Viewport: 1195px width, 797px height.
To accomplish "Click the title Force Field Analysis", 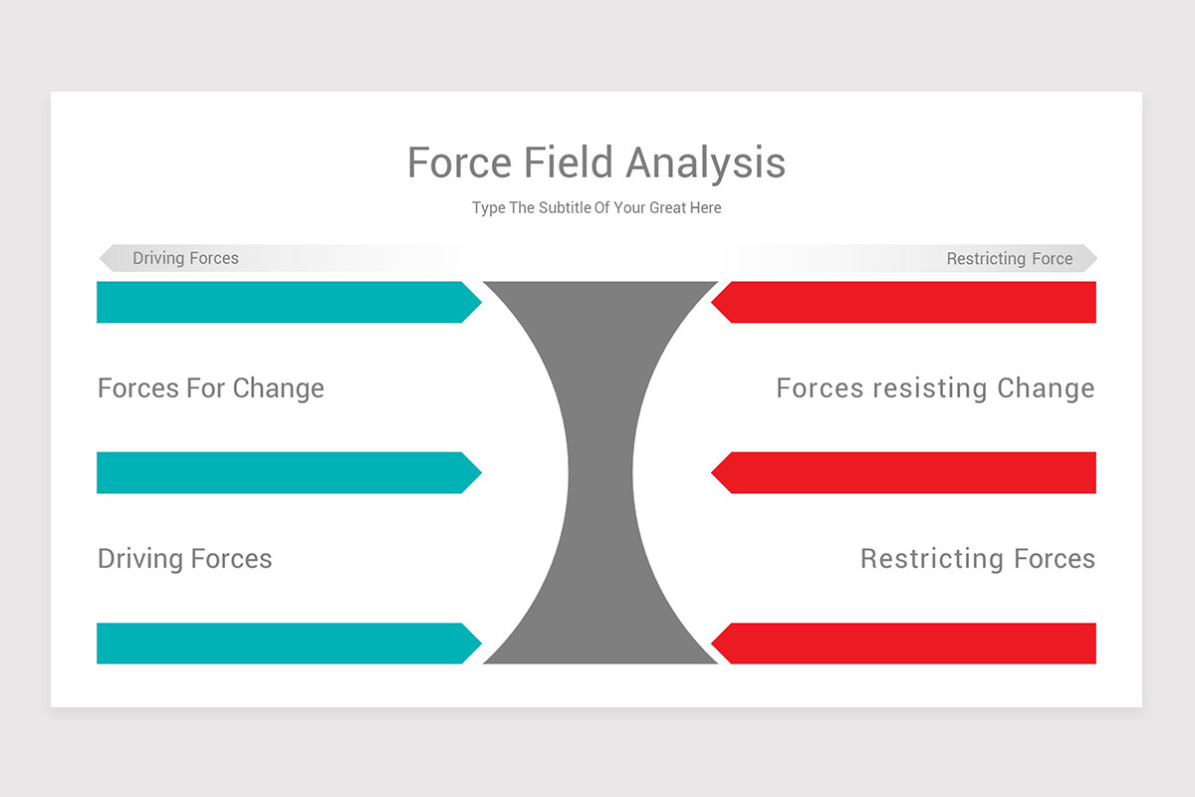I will tap(597, 162).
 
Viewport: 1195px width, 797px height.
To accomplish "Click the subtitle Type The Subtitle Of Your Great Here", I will tap(597, 208).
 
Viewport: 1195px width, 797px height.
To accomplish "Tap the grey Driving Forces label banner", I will tap(186, 258).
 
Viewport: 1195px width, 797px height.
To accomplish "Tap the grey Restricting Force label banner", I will tap(1009, 259).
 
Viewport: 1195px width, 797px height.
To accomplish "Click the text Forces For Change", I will tap(211, 388).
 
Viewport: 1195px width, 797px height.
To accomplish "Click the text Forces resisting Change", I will tap(935, 388).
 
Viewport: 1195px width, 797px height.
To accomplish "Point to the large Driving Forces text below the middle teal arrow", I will tap(185, 558).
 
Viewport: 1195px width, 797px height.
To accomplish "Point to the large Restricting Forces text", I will tap(977, 558).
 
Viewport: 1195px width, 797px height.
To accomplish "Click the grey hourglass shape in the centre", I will tap(599, 472).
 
